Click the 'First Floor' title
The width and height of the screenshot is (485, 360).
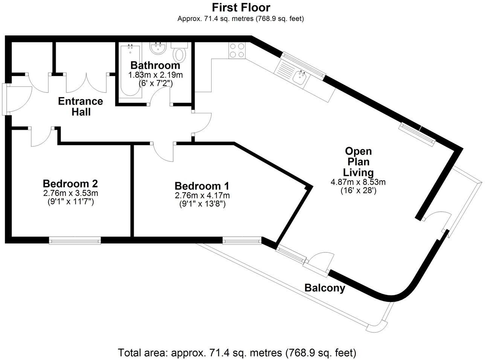(241, 7)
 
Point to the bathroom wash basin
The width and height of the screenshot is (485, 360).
(159, 49)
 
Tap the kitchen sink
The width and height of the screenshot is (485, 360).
(301, 77)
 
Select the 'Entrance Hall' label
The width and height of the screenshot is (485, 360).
(80, 106)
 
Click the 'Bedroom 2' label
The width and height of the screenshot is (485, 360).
(70, 184)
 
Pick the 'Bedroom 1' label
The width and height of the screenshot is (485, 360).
(202, 186)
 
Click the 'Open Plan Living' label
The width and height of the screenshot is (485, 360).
(358, 162)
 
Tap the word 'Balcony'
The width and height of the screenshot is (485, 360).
(325, 289)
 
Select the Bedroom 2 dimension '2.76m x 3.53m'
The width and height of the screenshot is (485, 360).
(70, 193)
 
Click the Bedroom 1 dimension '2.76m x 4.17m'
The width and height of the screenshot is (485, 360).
(202, 195)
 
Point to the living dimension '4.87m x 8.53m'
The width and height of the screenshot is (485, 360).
(358, 182)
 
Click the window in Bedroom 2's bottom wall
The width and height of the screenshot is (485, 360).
(75, 240)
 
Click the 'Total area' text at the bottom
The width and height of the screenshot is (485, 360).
(237, 353)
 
